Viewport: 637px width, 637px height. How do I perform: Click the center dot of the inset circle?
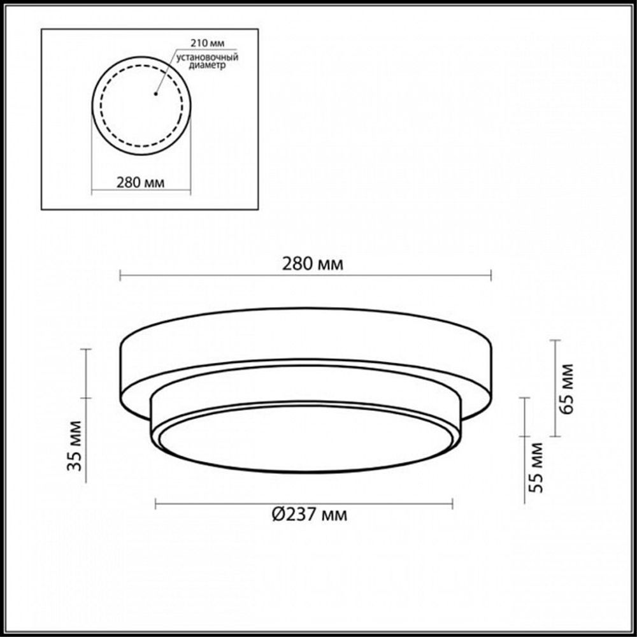tap(155, 94)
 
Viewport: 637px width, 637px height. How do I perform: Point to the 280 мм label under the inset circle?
tap(141, 182)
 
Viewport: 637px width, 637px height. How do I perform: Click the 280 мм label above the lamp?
tap(312, 264)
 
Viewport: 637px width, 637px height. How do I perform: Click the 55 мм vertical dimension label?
tap(536, 467)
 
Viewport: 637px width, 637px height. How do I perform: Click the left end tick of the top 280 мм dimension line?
tap(120, 275)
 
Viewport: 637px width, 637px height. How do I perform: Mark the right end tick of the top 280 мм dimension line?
tap(490, 275)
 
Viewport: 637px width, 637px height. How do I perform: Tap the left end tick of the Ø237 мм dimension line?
tap(156, 505)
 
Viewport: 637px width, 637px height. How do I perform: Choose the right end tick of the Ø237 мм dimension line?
tap(453, 505)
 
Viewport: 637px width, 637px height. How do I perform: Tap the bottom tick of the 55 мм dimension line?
tap(525, 502)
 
